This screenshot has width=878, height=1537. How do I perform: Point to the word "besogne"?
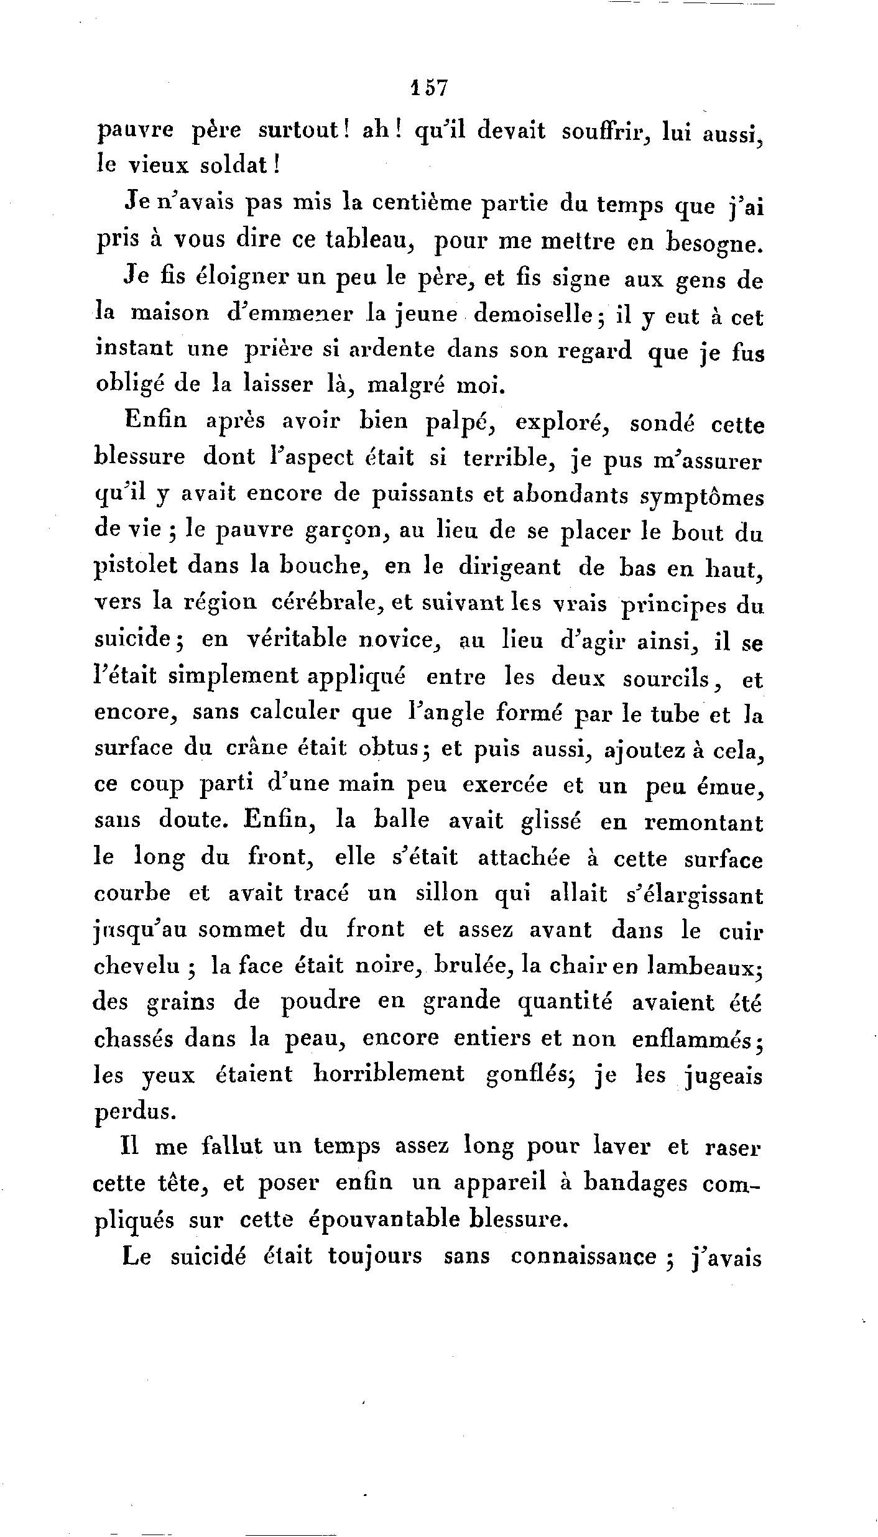(713, 242)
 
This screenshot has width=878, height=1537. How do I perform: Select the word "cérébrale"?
(328, 602)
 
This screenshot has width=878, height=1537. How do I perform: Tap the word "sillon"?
(446, 894)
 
